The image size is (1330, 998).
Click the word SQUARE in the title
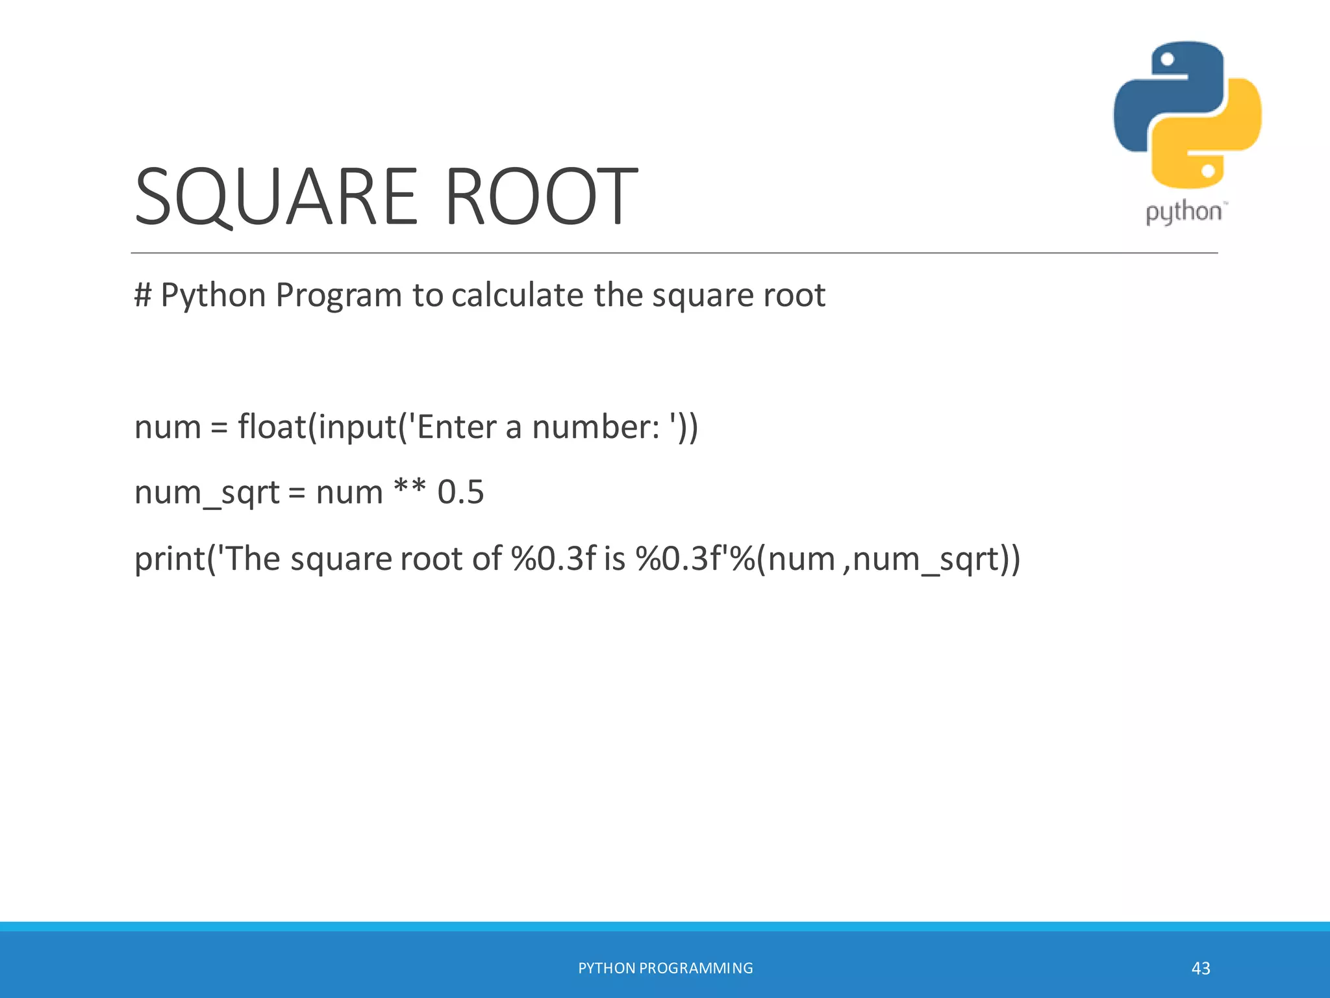click(276, 197)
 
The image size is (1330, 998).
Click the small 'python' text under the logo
click(1183, 213)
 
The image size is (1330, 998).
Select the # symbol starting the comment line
click(143, 296)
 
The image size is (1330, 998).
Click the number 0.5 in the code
click(460, 493)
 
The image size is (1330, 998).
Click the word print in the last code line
click(169, 559)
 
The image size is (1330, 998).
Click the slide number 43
click(1201, 968)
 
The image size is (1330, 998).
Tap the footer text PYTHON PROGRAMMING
click(666, 968)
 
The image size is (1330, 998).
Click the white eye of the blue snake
click(1167, 60)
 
